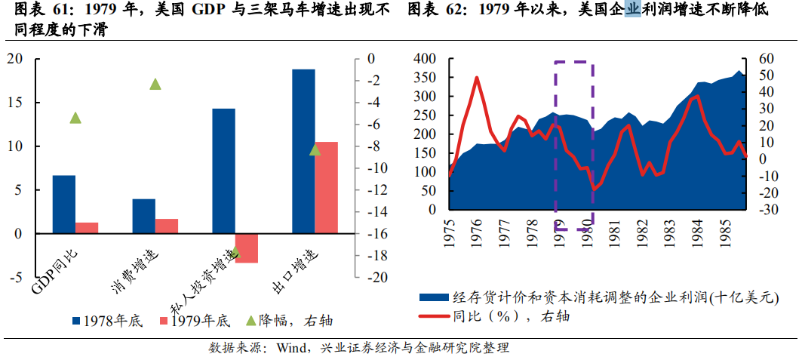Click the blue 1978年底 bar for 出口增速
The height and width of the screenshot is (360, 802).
pos(303,151)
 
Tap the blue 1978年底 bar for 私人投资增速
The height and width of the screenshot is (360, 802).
pos(223,171)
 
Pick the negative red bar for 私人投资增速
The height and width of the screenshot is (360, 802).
pos(247,248)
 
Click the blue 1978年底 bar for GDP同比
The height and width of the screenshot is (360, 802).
pos(64,205)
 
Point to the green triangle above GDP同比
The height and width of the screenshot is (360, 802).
pos(75,118)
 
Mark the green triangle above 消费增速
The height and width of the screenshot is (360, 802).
pos(155,84)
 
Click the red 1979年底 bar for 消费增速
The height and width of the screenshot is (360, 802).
pos(167,226)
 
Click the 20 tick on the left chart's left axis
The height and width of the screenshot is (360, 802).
pos(17,59)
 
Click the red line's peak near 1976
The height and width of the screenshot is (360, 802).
pos(477,77)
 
